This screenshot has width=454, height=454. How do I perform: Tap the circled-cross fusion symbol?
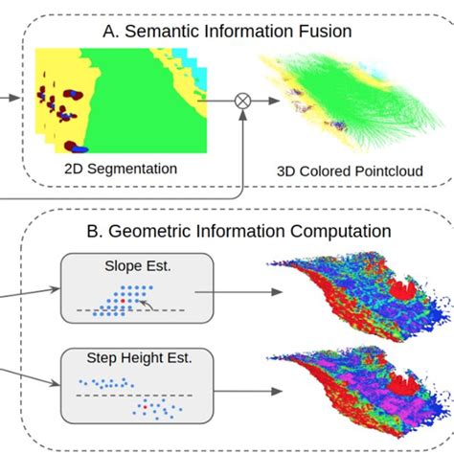tap(243, 101)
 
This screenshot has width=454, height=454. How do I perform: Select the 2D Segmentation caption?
tap(121, 169)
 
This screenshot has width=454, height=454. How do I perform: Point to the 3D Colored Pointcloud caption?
tap(350, 171)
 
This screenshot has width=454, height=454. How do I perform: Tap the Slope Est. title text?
tap(138, 266)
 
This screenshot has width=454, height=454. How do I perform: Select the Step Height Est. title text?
tap(139, 358)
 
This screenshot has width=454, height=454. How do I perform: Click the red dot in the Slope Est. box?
tap(123, 301)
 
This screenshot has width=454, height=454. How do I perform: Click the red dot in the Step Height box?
tap(145, 407)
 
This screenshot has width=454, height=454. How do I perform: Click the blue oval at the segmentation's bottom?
tap(79, 148)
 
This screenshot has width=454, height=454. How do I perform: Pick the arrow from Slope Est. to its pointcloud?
tap(238, 292)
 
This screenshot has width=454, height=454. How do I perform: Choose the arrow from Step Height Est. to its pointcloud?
tap(248, 391)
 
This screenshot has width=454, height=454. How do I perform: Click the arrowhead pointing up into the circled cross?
tap(243, 116)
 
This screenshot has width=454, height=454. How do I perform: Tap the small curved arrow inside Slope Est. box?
tap(147, 305)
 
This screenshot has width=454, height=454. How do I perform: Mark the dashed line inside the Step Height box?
tap(134, 396)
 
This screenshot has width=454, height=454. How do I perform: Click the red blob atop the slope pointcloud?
tap(402, 288)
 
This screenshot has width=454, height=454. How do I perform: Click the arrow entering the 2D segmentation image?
tap(10, 98)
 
